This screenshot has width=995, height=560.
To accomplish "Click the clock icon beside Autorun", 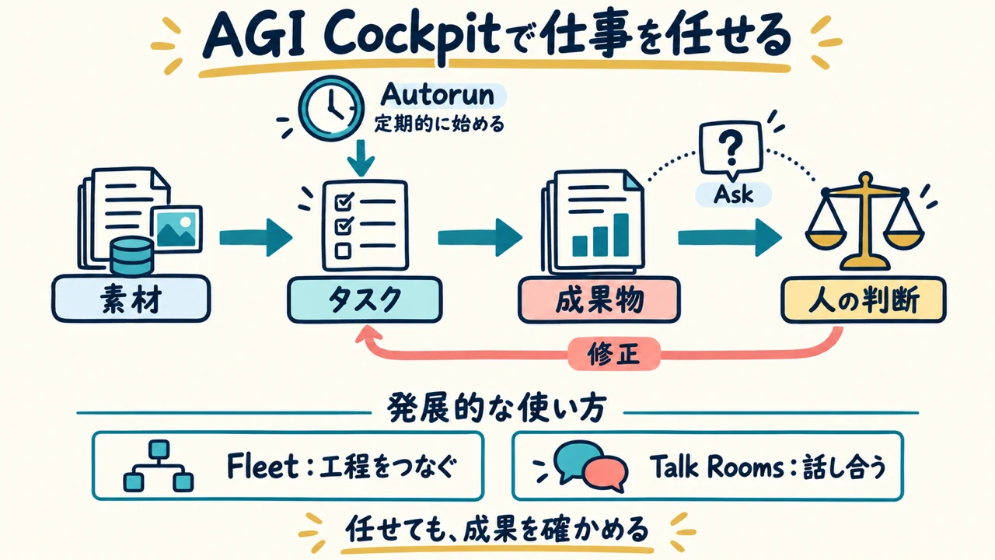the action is coord(331,108).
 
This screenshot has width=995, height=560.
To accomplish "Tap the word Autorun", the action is coord(438,95).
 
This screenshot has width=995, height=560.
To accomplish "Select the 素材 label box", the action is coord(131,299).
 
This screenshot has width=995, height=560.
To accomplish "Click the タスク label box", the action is coord(365,299).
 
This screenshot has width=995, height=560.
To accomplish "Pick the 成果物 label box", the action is coord(599,300).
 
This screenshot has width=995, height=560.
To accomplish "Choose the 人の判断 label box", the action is coord(864,300).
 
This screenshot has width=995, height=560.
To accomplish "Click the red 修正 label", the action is coord(614,354).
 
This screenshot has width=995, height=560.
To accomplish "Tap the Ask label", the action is coord(733,194).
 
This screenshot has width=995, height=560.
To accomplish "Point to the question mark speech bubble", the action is coord(731,149).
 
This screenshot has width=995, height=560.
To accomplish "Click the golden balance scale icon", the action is coord(865,222).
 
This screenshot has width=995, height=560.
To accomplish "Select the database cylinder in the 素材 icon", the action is coord(132,257).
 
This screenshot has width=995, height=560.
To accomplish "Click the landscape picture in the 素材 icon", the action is coord(176,229).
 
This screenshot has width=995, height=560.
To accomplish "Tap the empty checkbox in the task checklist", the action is coord(343,251).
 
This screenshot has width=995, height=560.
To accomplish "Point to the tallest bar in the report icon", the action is coord(621,235).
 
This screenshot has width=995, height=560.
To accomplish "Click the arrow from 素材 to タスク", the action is coord(256,238).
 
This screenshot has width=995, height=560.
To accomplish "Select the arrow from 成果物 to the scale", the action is coord(730,238).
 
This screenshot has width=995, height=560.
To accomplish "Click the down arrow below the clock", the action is coord(361,158).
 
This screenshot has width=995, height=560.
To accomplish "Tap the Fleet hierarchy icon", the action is coord(158,466).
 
